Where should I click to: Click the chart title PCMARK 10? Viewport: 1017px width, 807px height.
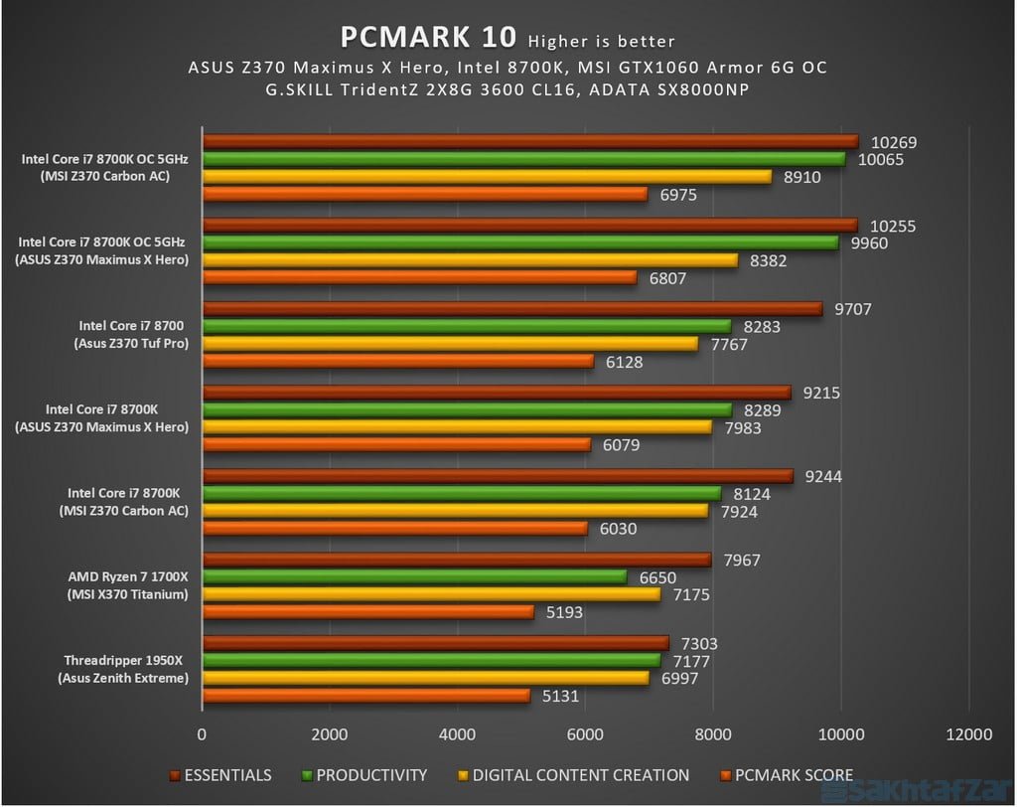point(428,37)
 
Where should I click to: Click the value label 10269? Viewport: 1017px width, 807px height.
point(894,142)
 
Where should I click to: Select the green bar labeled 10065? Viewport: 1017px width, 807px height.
point(523,159)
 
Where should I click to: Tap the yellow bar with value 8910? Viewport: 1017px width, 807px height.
point(487,176)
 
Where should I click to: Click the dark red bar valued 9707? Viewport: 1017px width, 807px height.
point(511,309)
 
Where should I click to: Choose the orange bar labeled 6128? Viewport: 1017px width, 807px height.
point(397,361)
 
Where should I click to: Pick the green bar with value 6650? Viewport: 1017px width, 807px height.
point(414,577)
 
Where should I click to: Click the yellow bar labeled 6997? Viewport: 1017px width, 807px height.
point(425,678)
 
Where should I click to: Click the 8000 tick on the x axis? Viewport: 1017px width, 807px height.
point(713,734)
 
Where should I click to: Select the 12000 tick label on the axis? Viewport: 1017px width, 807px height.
point(968,734)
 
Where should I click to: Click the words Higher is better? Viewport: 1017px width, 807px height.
point(602,41)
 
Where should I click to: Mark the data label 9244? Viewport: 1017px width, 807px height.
point(824,476)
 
